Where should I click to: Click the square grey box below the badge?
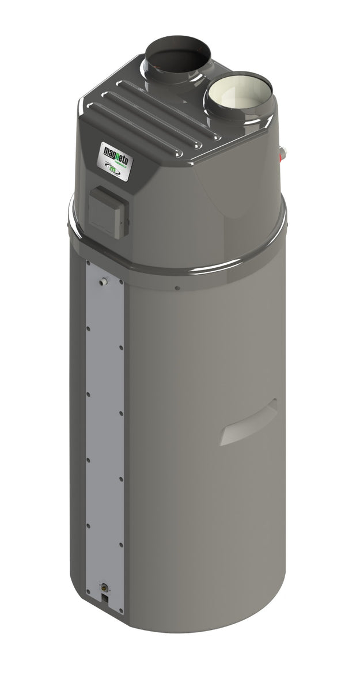(108, 211)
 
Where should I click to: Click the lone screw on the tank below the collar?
(177, 288)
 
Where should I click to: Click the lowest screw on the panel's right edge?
(121, 544)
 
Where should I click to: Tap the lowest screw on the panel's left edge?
(88, 525)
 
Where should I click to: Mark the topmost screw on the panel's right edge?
(121, 347)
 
